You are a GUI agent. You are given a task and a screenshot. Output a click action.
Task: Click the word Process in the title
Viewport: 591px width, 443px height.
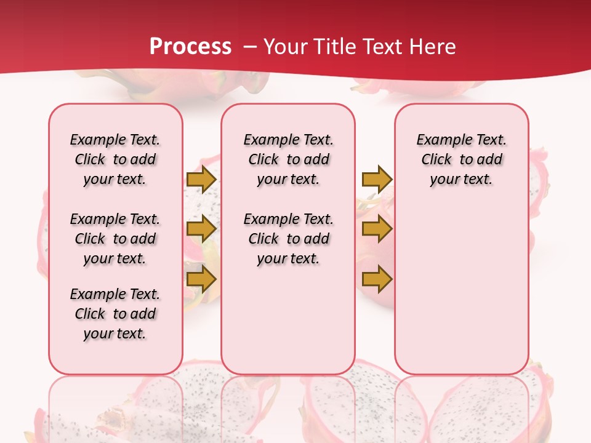[x=190, y=47]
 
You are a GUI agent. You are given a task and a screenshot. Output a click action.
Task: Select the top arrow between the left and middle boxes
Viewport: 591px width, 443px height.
[x=201, y=179]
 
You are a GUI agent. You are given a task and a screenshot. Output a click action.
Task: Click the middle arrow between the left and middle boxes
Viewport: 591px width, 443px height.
[x=201, y=229]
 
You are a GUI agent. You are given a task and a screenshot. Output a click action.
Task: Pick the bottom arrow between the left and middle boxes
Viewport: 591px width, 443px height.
[x=201, y=279]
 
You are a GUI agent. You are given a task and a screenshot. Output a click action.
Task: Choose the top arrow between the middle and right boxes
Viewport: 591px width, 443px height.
[x=377, y=179]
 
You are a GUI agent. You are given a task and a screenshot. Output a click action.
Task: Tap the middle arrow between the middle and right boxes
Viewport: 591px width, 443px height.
[x=377, y=229]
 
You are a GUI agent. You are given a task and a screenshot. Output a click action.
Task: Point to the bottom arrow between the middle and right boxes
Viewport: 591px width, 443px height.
[x=377, y=279]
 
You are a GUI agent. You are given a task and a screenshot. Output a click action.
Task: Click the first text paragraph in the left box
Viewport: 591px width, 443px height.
[x=115, y=159]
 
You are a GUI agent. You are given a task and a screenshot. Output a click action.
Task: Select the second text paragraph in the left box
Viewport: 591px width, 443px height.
[x=115, y=239]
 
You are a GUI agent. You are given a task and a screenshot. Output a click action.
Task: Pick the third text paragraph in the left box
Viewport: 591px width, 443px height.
[x=115, y=314]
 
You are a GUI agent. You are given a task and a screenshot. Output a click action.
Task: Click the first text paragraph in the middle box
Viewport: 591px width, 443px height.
[x=289, y=159]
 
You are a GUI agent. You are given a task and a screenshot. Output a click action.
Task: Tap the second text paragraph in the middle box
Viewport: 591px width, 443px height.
[x=289, y=239]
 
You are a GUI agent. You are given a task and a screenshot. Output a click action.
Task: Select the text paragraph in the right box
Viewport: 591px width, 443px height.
[x=462, y=159]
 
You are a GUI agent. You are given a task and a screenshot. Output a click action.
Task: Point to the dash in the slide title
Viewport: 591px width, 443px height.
[x=250, y=47]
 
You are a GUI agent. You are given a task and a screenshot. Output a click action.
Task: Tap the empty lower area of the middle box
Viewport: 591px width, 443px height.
[x=289, y=320]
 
